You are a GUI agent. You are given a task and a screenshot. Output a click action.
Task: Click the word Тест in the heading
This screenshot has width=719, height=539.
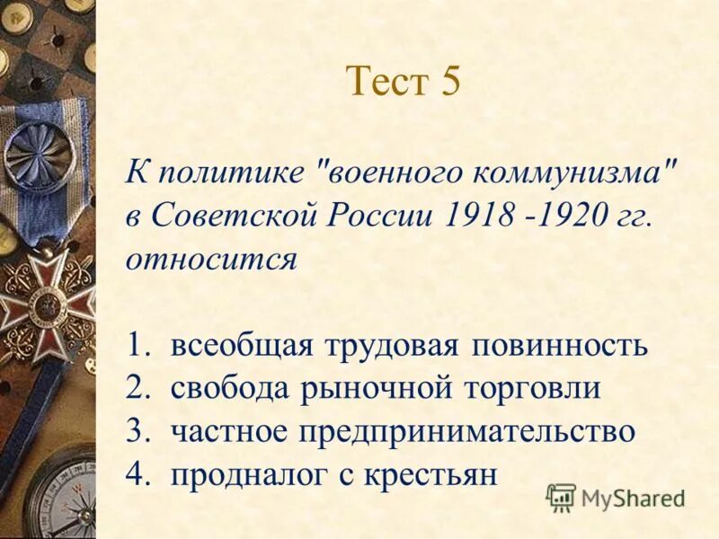tap(383, 82)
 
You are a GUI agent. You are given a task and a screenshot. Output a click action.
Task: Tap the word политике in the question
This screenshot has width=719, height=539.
tap(228, 171)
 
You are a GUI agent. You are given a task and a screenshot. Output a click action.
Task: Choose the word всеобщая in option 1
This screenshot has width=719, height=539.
tap(244, 346)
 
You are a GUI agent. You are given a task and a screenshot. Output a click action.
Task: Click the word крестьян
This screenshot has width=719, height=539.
tap(430, 473)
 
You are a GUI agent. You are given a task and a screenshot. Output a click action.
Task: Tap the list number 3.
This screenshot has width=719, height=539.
tap(136, 431)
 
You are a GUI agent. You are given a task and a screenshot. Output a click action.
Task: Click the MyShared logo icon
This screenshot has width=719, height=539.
tap(561, 497)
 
